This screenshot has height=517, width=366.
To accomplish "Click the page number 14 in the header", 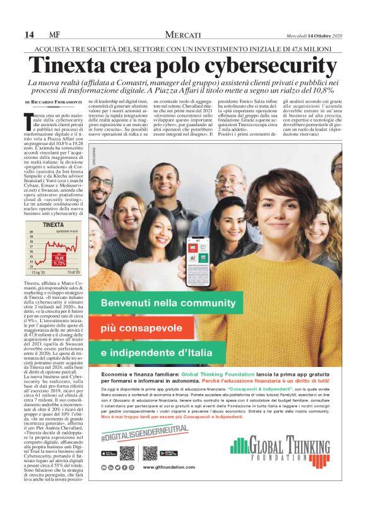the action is tap(29, 34).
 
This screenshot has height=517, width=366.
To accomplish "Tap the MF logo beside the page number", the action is tap(55, 34).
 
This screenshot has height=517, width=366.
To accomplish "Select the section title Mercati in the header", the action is tap(183, 34).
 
